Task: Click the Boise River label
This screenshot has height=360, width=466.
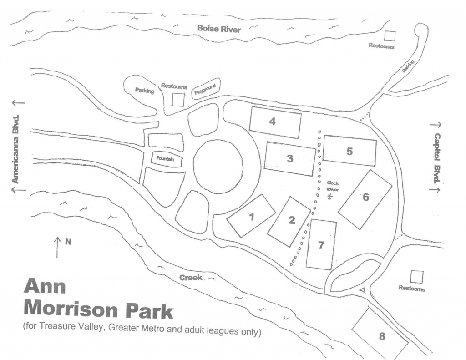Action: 218,29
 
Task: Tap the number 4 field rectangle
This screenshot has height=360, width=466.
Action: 275,122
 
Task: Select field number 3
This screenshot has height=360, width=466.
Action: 290,159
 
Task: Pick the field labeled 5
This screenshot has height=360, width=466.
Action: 349,152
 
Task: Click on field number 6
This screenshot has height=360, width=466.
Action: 365,199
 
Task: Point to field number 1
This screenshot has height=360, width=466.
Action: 251,216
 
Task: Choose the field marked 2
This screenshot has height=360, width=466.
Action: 289,221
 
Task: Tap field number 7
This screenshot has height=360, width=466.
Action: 321,245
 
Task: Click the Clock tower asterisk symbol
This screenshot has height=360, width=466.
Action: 330,197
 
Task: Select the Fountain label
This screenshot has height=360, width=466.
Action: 166,159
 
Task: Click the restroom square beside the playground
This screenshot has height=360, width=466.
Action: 178,100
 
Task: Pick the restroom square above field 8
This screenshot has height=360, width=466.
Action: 416,276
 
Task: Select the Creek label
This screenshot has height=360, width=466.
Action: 190,277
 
